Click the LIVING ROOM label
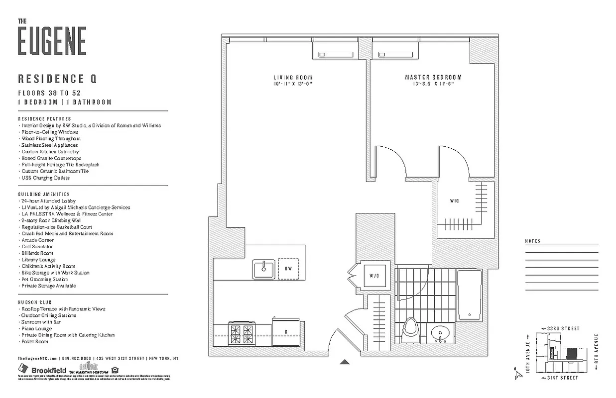293,78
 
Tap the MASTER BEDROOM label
433,78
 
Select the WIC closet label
454,201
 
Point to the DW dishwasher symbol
288,269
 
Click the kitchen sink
263,269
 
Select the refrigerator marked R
286,332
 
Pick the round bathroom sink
440,334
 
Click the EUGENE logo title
52,41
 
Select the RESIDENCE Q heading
57,79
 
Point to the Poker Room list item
34,342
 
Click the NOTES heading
532,241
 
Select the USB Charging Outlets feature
45,178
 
